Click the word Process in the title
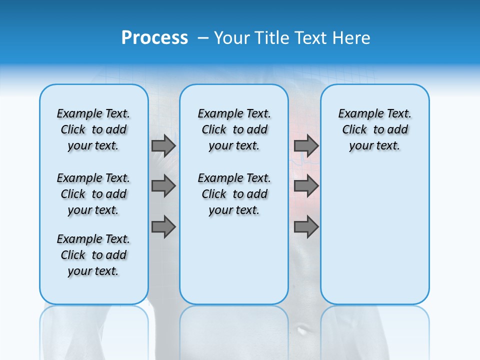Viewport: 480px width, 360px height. click(154, 38)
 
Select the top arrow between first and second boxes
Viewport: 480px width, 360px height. click(163, 145)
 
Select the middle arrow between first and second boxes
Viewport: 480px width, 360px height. click(163, 186)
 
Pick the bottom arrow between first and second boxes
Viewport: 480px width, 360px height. click(163, 227)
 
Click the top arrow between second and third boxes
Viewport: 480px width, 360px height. click(306, 145)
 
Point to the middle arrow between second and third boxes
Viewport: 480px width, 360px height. click(306, 186)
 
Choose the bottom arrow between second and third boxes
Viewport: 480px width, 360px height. click(306, 227)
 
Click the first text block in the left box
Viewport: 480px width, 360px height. click(93, 129)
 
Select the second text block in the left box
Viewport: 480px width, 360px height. click(93, 194)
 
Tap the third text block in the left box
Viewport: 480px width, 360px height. click(93, 255)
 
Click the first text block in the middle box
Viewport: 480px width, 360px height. click(234, 129)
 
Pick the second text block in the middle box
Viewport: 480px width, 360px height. click(234, 194)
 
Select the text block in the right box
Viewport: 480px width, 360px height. click(374, 129)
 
